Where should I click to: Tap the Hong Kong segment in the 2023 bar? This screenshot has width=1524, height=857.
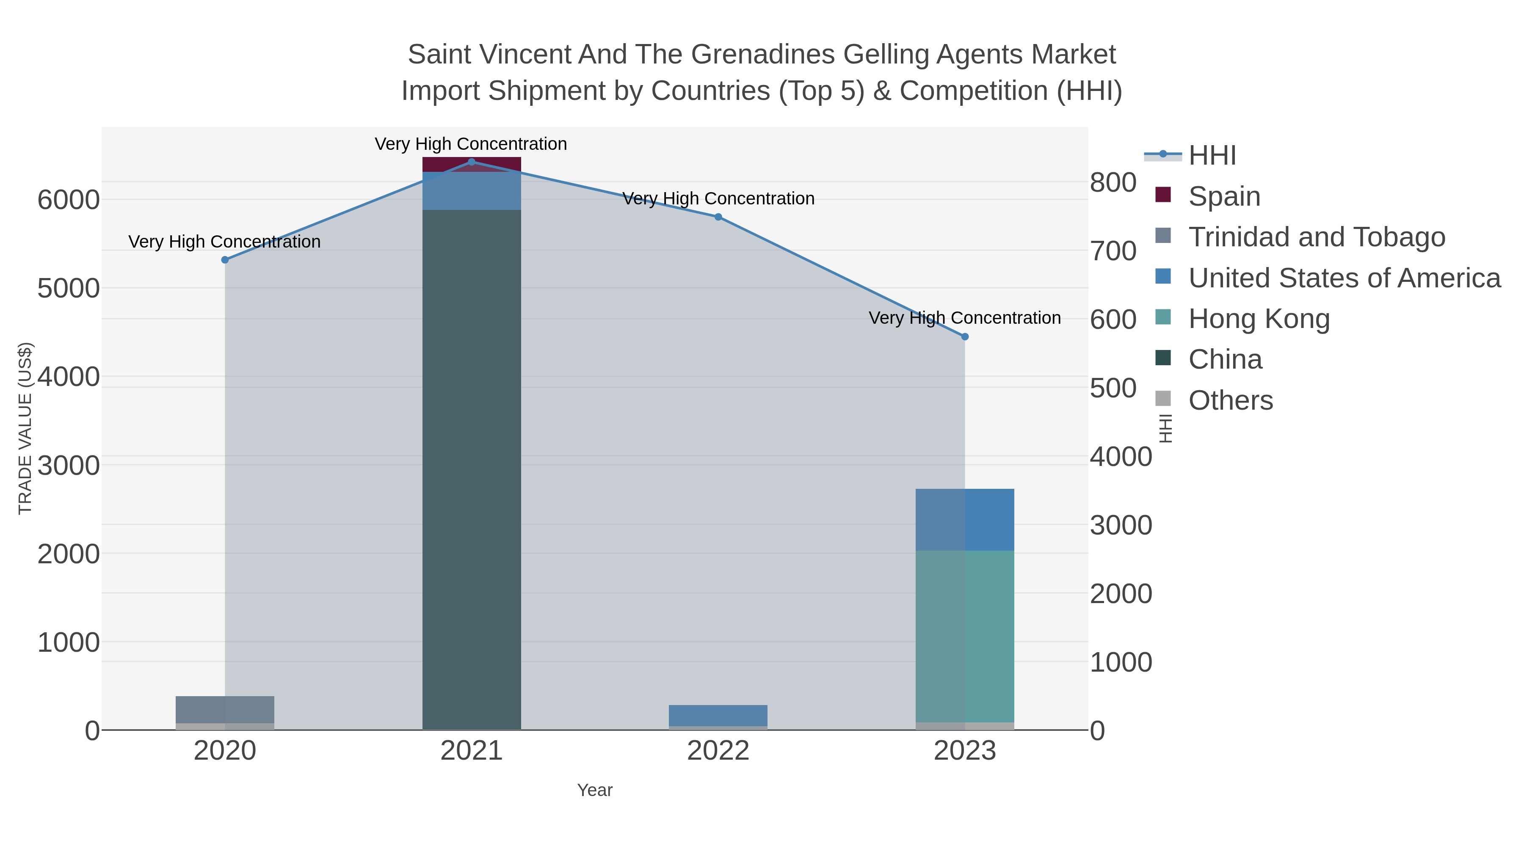point(964,636)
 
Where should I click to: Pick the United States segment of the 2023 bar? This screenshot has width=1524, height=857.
point(964,519)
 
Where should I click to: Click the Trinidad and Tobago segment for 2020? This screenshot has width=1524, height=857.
point(225,709)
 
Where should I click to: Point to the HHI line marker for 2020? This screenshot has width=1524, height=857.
point(225,260)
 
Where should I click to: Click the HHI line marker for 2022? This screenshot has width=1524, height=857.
point(718,217)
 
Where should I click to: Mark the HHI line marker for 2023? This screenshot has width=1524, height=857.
point(965,336)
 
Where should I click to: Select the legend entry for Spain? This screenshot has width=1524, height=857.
point(1223,196)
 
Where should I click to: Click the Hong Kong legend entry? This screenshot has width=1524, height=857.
point(1259,319)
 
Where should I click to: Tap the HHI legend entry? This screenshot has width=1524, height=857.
point(1212,156)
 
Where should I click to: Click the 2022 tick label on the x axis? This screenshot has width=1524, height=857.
point(718,750)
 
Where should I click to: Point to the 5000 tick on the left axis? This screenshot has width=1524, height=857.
point(69,289)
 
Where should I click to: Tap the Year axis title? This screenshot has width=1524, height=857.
point(595,790)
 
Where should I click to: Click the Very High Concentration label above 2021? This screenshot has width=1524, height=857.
point(471,144)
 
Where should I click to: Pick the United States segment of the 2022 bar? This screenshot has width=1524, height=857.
point(718,715)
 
